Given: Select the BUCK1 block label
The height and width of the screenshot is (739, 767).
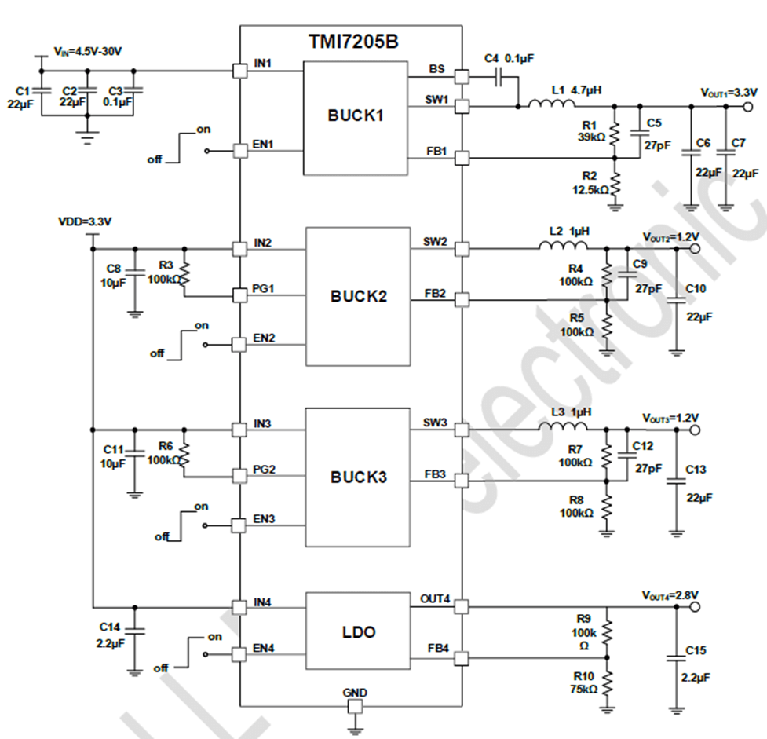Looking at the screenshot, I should (356, 115).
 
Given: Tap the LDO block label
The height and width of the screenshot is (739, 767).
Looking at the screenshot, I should (358, 632).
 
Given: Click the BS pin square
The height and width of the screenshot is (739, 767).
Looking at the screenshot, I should (462, 77).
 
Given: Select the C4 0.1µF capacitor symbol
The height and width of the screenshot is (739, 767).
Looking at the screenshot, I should (499, 77).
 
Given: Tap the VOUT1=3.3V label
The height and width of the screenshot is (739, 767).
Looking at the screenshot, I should (729, 92).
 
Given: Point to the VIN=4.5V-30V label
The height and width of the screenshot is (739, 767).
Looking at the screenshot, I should (88, 50).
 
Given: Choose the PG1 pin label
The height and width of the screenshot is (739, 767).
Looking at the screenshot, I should (265, 288).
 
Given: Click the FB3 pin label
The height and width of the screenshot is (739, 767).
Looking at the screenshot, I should (436, 474).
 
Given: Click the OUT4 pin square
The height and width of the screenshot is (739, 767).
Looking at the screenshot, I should (462, 606).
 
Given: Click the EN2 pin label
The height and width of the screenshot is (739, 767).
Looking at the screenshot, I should (265, 338).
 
